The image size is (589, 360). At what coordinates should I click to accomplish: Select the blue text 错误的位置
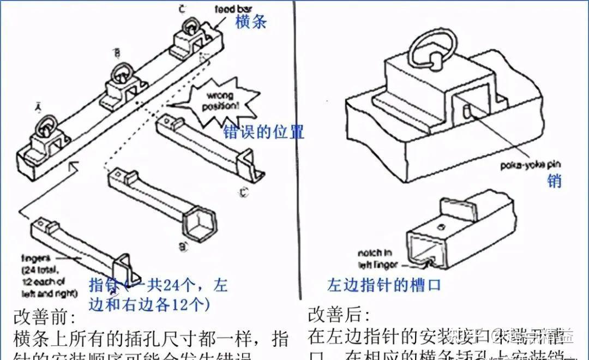click(x=263, y=133)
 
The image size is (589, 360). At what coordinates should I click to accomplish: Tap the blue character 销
click(x=554, y=181)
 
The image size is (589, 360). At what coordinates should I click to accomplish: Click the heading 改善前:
click(x=45, y=317)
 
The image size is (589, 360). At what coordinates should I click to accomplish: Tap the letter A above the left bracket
click(x=38, y=107)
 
